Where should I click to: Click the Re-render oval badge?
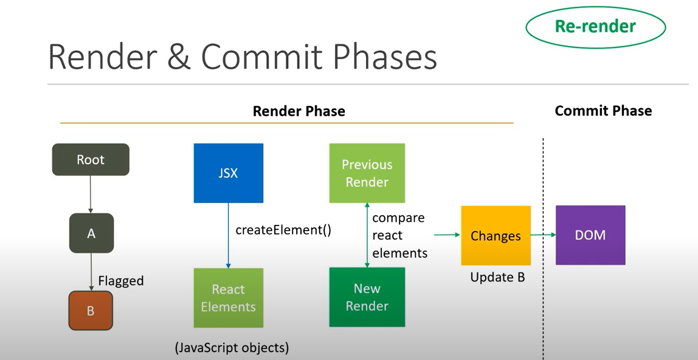pos(596,27)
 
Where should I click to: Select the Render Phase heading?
pos(299,111)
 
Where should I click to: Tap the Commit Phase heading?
pos(603,110)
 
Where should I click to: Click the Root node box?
pos(91,159)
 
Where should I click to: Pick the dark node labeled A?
pos(91,233)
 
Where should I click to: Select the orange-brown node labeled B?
pos(91,311)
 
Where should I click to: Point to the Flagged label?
pos(121,281)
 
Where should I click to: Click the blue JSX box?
pos(229,173)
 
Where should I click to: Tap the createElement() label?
pos(283,230)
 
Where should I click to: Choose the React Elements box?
pos(229,298)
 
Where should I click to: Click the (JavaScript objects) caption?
pos(232,348)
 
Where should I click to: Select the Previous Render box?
pos(367,173)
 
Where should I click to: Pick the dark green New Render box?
pos(367,297)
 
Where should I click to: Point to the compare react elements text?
pos(399,235)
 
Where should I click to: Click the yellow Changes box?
pos(496,235)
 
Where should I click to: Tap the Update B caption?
pos(498,277)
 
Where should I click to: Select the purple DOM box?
pos(591,235)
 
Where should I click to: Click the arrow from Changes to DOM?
pos(543,235)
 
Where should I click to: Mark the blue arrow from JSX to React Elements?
pos(229,235)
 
